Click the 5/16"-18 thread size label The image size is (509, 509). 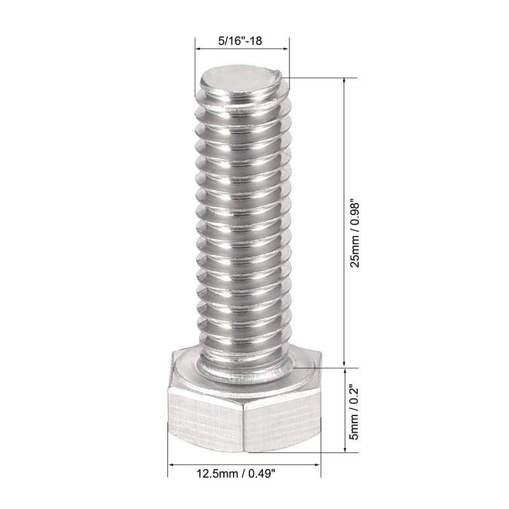click(241, 40)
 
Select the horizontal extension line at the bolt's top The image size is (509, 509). click(318, 78)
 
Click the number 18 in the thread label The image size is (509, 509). click(256, 40)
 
